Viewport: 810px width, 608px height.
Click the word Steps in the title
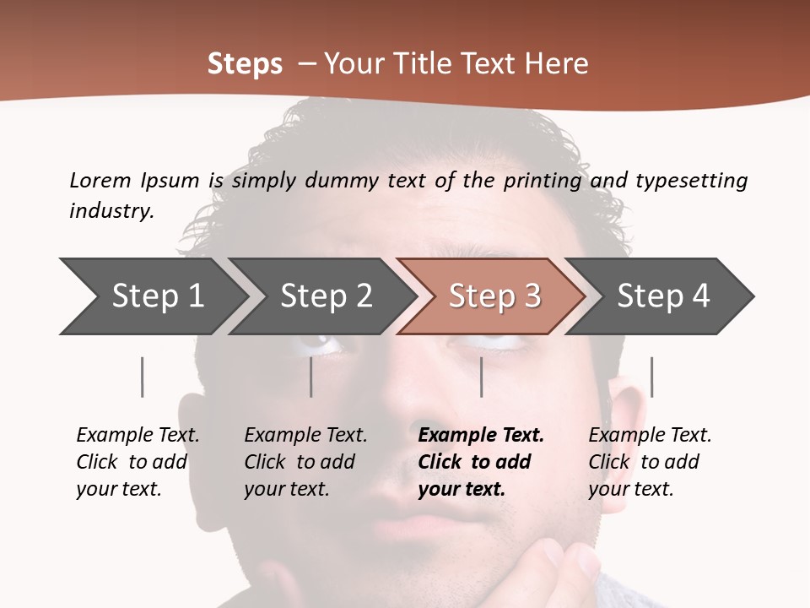click(x=245, y=64)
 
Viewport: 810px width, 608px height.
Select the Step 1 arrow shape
click(x=152, y=296)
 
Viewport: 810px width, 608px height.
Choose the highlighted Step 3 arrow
click(x=494, y=296)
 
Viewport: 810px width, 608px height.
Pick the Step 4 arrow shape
click(x=662, y=296)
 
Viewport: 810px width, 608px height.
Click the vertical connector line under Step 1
click(x=142, y=377)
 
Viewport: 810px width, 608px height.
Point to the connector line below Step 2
click(x=311, y=377)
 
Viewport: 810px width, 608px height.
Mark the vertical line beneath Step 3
click(x=481, y=377)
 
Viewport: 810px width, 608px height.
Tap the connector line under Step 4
click(x=651, y=377)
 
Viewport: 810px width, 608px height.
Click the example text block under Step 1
click(x=138, y=462)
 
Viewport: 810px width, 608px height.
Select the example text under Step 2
click(x=305, y=462)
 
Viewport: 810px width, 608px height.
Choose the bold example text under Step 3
click(x=481, y=462)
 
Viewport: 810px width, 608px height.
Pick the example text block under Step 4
click(x=650, y=462)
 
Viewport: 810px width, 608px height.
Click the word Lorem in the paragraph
click(x=100, y=180)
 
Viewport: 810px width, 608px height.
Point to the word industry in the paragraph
click(x=111, y=210)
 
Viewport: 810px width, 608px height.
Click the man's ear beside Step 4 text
click(x=624, y=397)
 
